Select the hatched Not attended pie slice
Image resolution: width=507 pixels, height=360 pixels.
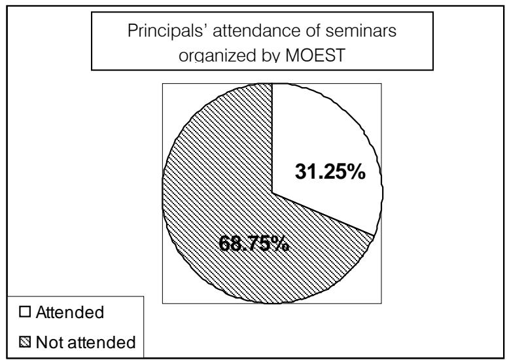pos(216,196)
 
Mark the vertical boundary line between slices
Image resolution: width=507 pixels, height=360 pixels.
pos(271,137)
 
